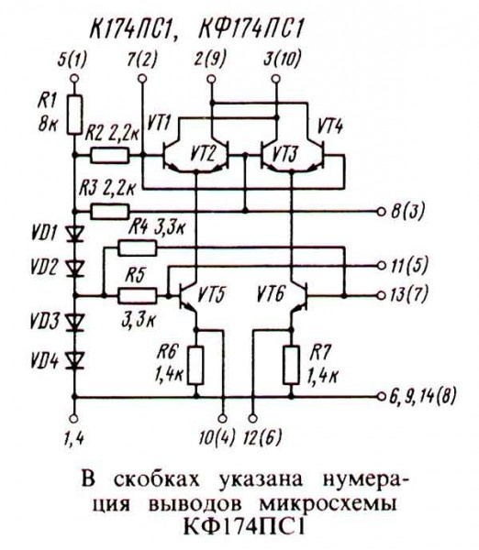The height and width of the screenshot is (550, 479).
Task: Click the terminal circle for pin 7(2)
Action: [141, 80]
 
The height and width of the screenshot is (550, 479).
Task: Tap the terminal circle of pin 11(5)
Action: [383, 266]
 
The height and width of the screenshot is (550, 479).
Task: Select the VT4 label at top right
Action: [331, 122]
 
